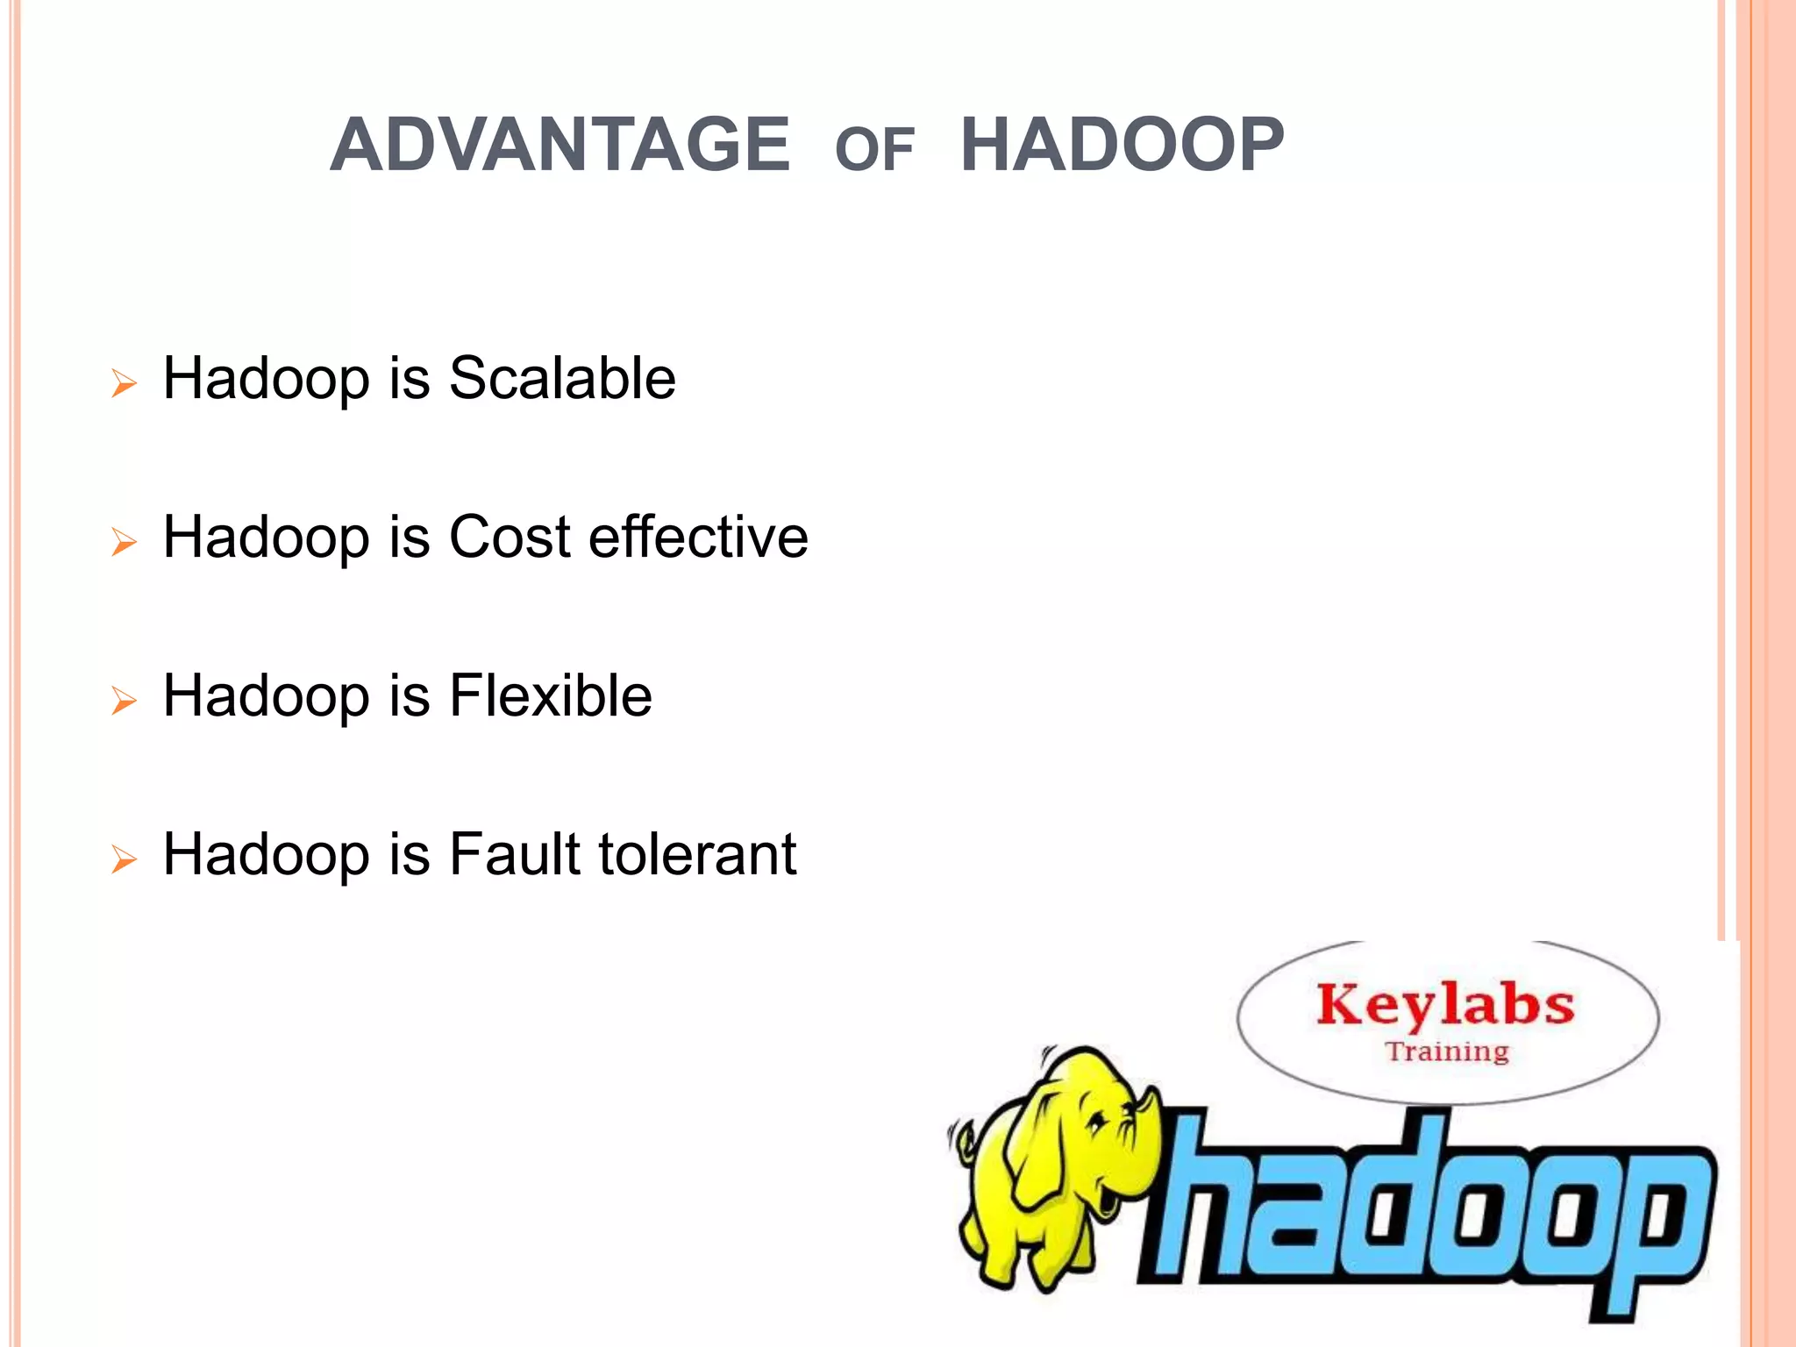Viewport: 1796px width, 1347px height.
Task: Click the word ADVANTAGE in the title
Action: [559, 145]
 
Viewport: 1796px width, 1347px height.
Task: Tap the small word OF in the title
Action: [874, 150]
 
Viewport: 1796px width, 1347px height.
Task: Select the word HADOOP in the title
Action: [1122, 145]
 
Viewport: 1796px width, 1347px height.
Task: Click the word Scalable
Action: [562, 379]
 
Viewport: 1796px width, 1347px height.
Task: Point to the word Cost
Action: [510, 537]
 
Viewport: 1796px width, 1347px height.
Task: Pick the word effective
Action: [698, 537]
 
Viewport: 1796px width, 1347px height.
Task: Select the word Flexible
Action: [550, 695]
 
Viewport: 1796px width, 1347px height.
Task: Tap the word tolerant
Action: [698, 854]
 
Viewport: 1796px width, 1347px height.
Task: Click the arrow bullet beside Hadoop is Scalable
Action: [125, 383]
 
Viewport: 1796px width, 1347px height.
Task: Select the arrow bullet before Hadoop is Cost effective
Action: [125, 542]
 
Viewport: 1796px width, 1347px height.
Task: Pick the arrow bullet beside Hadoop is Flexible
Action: [125, 701]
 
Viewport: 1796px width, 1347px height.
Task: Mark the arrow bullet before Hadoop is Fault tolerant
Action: [125, 859]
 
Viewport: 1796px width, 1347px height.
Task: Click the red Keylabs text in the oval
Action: [1445, 1005]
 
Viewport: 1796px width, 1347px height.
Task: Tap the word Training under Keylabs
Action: [1447, 1051]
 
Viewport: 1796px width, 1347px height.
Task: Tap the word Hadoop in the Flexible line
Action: [267, 695]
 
